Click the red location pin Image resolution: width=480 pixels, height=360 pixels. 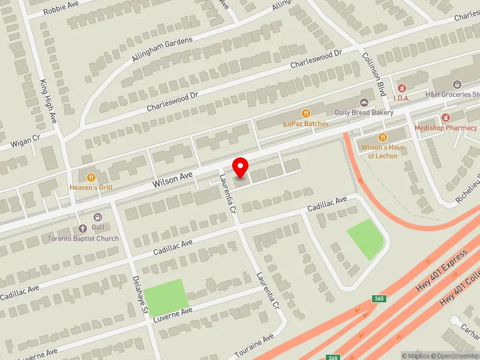coord(241,167)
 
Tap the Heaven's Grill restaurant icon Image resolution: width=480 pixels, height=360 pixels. coord(91,177)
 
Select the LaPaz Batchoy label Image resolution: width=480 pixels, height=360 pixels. coord(306,124)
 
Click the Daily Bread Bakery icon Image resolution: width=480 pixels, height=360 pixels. coord(364,101)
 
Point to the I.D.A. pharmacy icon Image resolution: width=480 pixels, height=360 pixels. coord(401,88)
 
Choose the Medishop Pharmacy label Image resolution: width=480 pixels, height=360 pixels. coord(449,127)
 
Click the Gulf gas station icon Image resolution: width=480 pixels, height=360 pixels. coord(98,217)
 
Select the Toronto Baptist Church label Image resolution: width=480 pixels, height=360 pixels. coord(83,238)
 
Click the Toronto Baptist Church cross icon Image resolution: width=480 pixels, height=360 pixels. coord(83,228)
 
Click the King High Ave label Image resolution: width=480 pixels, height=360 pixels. coord(47,101)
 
